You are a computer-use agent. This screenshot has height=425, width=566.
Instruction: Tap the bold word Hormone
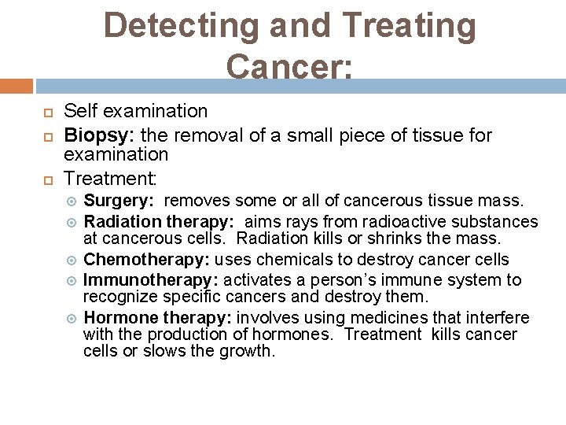coord(118,318)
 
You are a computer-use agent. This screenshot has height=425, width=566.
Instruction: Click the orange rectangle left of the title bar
coord(16,86)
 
